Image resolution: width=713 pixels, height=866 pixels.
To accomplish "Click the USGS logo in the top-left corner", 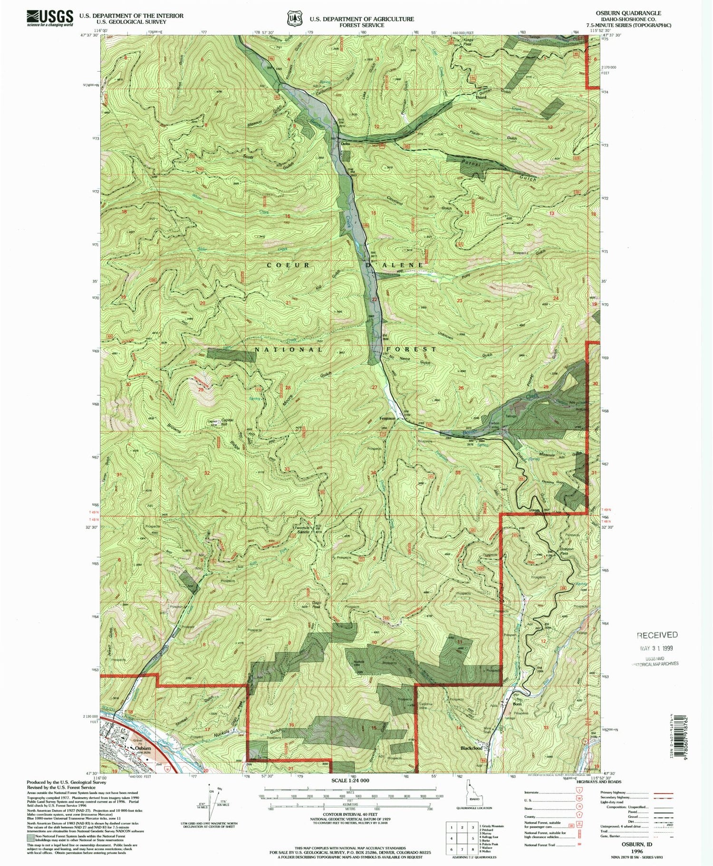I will tap(50, 18).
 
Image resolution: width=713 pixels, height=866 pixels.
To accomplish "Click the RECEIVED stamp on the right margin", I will tap(657, 635).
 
